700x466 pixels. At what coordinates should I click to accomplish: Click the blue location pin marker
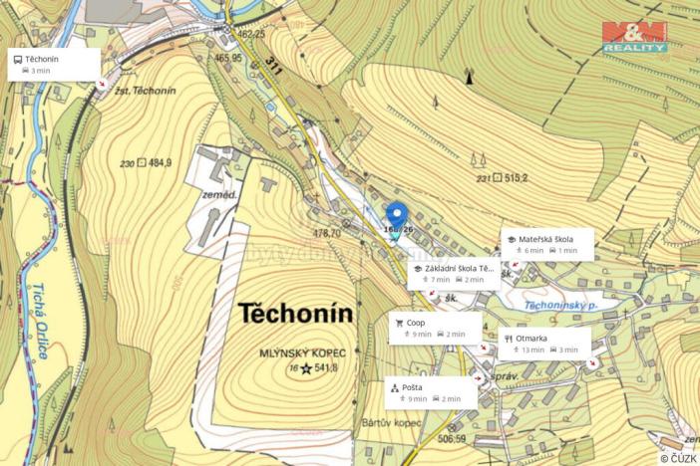(396, 215)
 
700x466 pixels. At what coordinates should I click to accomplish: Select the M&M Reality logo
(634, 37)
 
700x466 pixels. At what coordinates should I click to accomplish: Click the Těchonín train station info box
(55, 64)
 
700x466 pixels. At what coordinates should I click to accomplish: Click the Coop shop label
(436, 328)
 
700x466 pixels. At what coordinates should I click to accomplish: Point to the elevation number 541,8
(327, 368)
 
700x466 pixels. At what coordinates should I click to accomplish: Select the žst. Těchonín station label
(146, 91)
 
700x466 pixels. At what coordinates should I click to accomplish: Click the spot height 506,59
(451, 437)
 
